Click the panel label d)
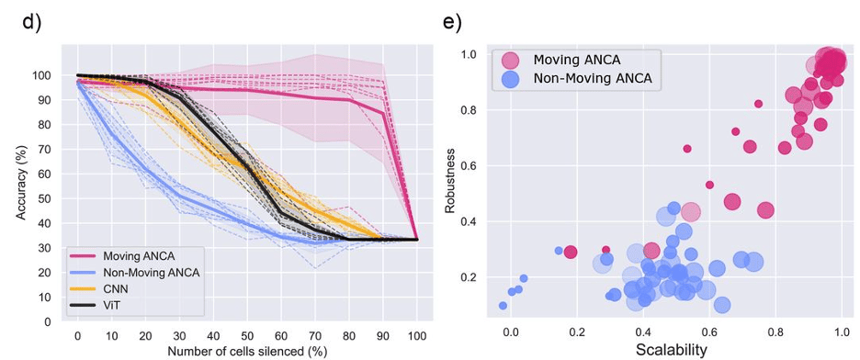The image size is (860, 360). tap(32, 20)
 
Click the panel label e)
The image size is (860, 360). tap(451, 20)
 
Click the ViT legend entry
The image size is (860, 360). tap(112, 303)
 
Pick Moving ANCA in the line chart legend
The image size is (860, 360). tap(137, 255)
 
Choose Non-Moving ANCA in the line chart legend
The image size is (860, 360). tap(150, 272)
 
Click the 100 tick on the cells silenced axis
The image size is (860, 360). tap(416, 334)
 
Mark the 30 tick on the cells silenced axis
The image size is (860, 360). tap(179, 334)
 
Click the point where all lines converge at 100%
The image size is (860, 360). tap(416, 239)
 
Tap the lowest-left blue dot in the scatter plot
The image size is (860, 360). tap(503, 306)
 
